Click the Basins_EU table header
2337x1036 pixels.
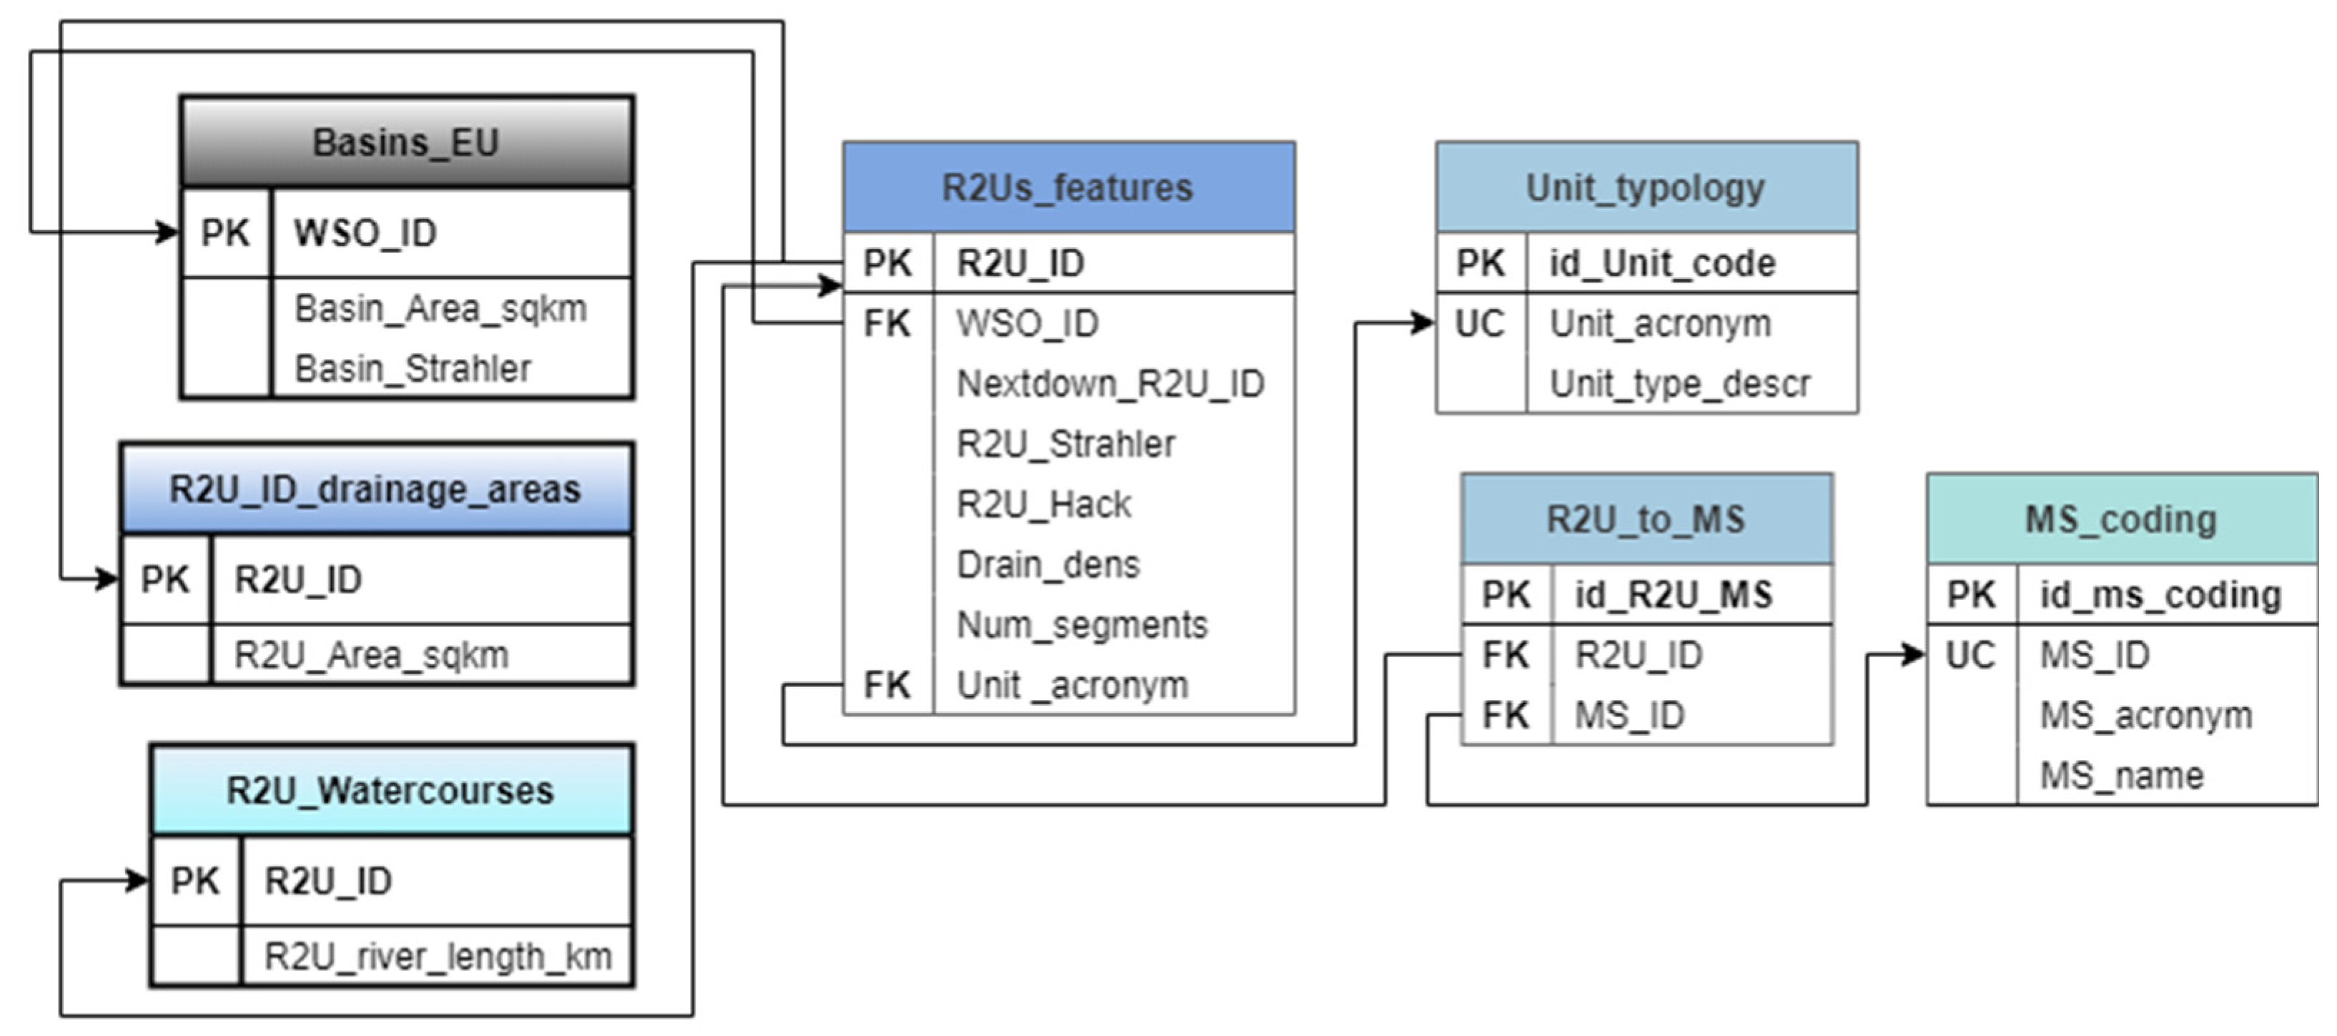[407, 142]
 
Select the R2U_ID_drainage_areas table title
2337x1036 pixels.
[375, 489]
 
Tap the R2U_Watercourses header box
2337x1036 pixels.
[391, 790]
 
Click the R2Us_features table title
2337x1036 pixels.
[1068, 188]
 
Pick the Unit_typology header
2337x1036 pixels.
[1646, 188]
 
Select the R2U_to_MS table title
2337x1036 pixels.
[1646, 519]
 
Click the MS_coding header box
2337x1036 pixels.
[2121, 519]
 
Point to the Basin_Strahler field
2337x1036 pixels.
[412, 369]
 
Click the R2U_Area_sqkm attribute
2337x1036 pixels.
[371, 655]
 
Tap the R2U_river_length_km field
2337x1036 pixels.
[438, 956]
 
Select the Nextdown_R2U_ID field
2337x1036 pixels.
[1110, 384]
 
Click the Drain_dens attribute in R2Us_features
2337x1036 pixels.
[1048, 564]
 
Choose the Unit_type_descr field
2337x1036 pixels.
[1679, 384]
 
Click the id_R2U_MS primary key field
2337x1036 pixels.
[1673, 595]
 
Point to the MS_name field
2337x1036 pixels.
[2121, 776]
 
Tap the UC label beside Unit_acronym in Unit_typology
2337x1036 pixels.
[1480, 324]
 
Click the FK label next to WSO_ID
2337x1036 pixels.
[886, 324]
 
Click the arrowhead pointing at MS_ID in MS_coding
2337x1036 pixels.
[1914, 654]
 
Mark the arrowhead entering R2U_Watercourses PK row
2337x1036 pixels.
[138, 880]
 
